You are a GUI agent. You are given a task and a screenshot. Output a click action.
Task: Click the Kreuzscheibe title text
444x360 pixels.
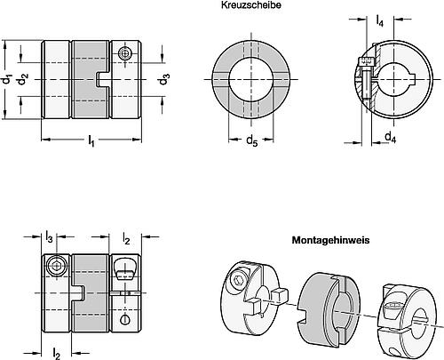click(251, 5)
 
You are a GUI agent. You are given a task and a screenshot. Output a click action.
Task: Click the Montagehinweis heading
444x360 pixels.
click(330, 240)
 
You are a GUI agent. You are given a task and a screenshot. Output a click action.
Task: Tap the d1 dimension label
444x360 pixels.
click(6, 80)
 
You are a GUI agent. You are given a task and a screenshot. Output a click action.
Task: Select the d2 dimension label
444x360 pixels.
click(23, 80)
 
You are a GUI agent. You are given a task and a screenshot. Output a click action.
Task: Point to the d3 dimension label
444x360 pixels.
click(164, 79)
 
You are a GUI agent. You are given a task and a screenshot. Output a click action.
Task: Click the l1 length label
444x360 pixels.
click(91, 140)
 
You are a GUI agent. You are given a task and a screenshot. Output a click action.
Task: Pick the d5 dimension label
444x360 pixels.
click(252, 140)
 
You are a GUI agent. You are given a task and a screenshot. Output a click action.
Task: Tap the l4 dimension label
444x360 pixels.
click(379, 20)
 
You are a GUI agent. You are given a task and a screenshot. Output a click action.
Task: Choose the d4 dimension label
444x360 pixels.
click(391, 137)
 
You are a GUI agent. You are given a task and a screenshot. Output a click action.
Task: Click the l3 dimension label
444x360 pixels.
click(49, 236)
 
